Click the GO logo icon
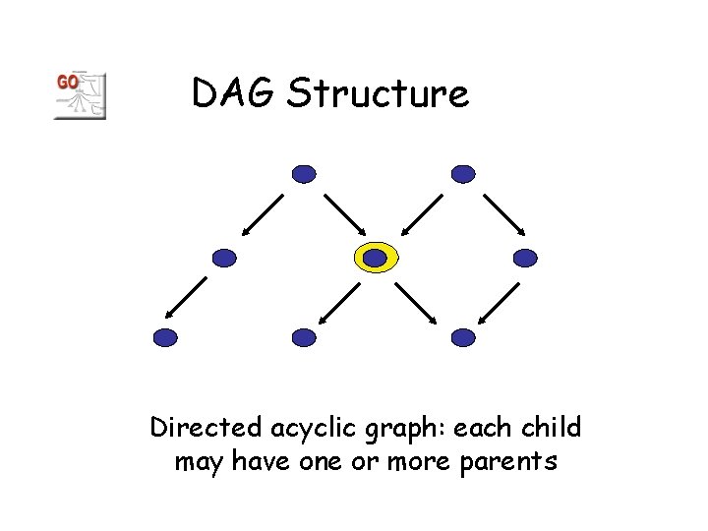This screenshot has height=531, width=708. click(79, 95)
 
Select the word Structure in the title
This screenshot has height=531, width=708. click(379, 94)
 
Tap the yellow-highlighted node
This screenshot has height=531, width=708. click(376, 258)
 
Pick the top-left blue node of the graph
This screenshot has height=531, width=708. click(305, 174)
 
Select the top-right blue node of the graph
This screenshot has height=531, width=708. click(463, 174)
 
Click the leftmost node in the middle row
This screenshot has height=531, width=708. click(225, 259)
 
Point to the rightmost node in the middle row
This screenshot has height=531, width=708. click(526, 259)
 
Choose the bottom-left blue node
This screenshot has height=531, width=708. click(166, 337)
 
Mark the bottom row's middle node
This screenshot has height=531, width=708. click(305, 337)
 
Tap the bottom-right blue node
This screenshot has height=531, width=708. click(463, 337)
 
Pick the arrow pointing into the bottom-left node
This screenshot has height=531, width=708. click(186, 298)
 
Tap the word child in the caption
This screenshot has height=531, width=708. click(552, 428)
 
